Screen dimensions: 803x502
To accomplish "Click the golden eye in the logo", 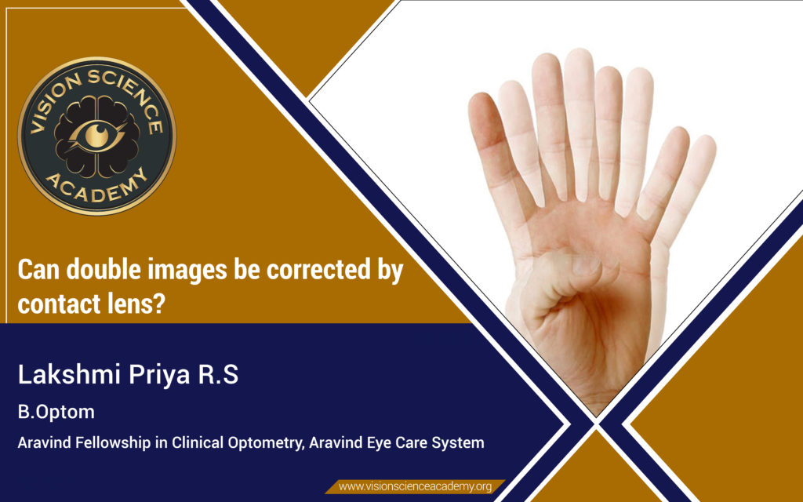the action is click(x=96, y=135).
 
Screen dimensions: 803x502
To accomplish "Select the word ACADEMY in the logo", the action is click(x=96, y=187).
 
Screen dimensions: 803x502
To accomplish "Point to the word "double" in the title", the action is click(x=104, y=269).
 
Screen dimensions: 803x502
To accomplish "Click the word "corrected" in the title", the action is click(x=318, y=269).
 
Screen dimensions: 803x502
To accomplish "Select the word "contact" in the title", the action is click(x=59, y=304).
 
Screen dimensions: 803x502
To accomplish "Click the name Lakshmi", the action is click(x=69, y=374).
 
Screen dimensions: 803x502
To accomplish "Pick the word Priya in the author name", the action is click(x=159, y=375).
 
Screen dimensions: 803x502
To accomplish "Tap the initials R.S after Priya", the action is click(x=218, y=374).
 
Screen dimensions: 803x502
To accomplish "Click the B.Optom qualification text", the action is click(x=56, y=412).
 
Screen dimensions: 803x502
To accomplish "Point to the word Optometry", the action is click(x=265, y=442).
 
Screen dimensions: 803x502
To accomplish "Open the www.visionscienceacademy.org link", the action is click(x=416, y=486).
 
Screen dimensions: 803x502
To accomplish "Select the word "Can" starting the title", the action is click(x=39, y=269).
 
